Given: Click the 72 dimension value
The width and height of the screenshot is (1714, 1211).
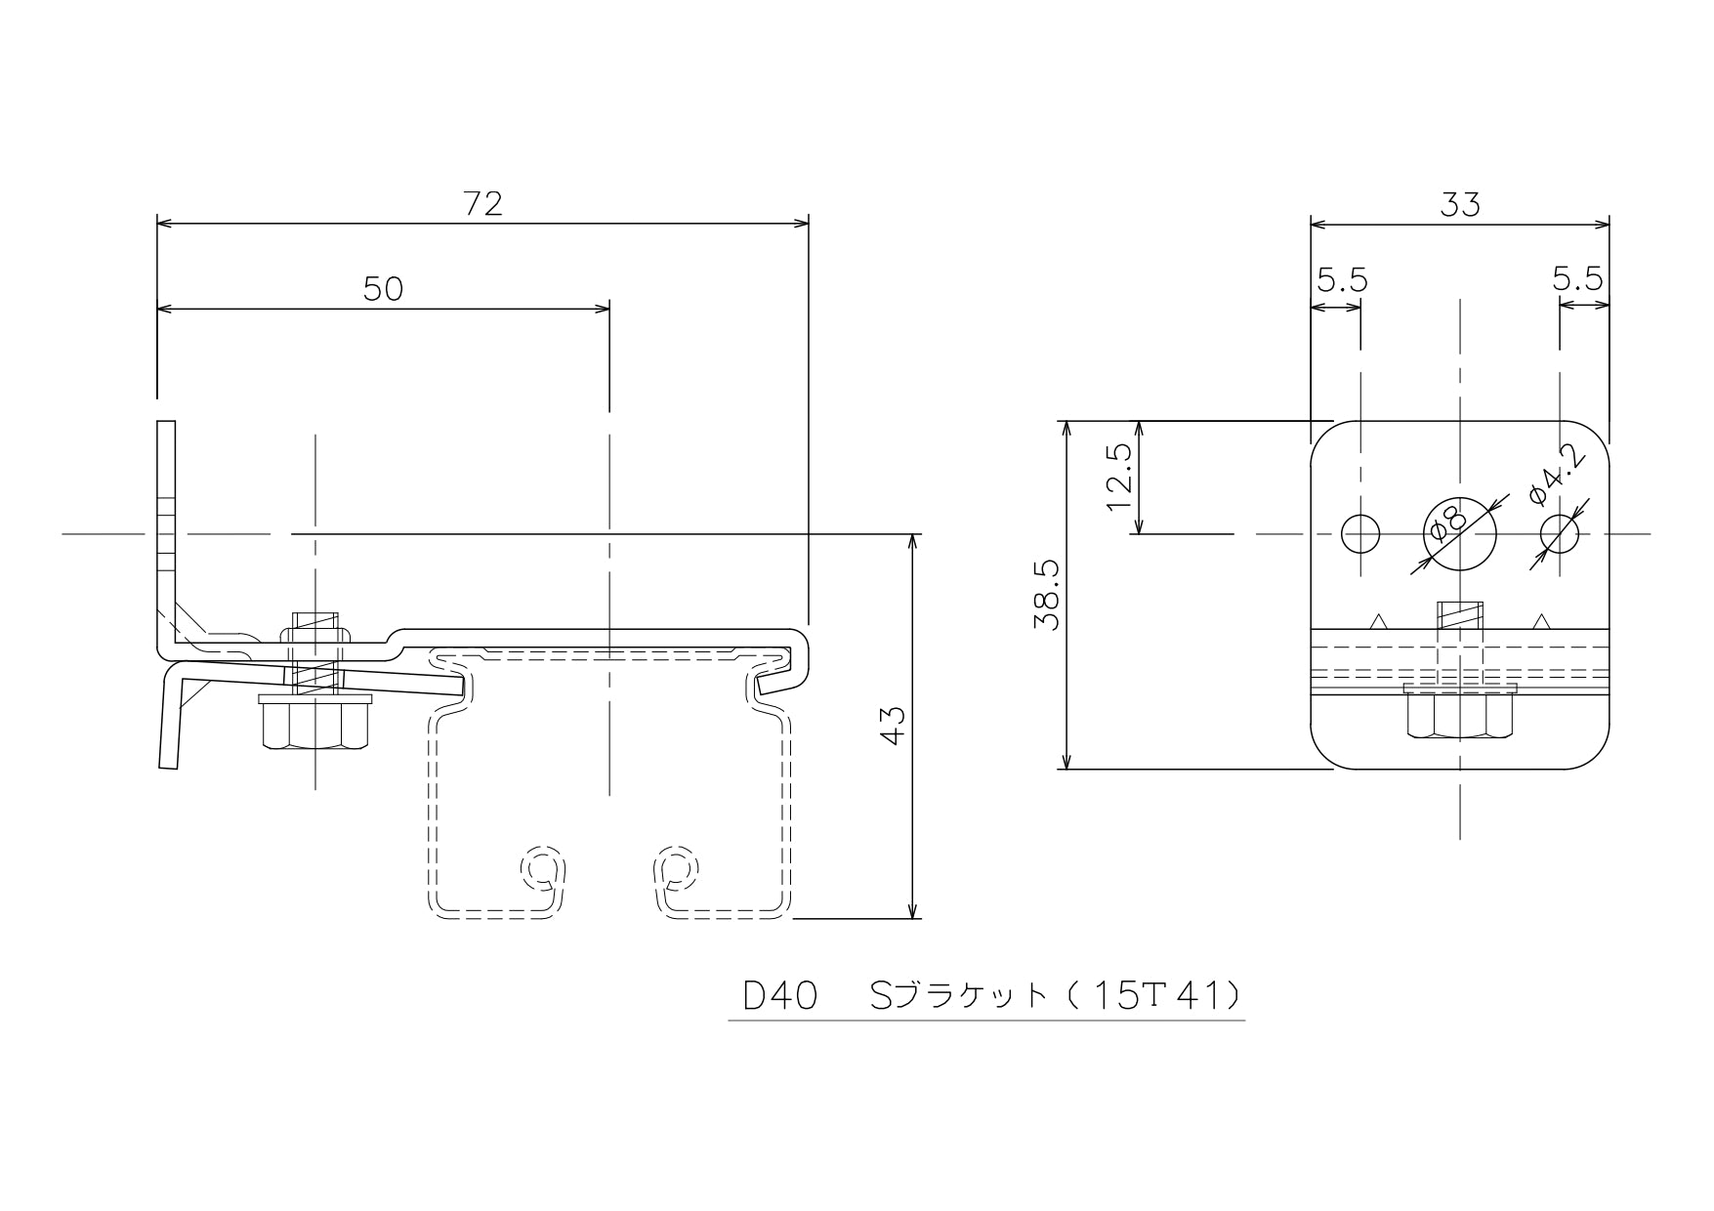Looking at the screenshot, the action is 482,203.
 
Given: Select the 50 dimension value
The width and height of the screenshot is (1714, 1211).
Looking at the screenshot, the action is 383,289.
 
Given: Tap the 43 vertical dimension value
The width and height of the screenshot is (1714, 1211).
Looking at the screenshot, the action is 893,726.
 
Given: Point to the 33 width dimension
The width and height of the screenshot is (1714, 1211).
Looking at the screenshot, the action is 1460,204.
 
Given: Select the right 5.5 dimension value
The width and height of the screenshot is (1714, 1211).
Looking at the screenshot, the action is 1578,280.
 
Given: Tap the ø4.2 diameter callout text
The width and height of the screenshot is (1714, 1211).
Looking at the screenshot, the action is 1557,475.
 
